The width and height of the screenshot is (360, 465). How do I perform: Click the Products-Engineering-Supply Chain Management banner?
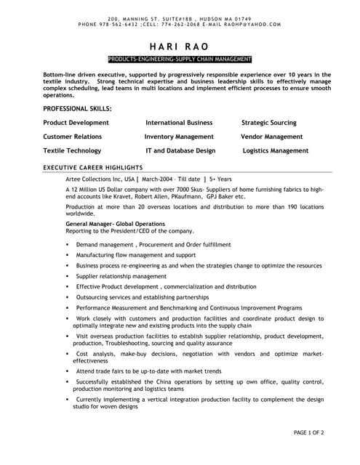click(x=180, y=58)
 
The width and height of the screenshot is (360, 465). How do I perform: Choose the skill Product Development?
click(x=76, y=123)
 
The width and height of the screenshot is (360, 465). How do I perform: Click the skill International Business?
click(x=179, y=123)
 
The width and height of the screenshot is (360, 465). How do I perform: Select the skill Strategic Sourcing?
click(x=269, y=123)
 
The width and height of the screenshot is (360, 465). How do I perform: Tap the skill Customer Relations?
click(x=73, y=137)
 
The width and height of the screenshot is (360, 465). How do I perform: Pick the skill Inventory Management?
click(x=179, y=137)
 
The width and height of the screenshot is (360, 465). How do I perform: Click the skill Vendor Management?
click(x=272, y=137)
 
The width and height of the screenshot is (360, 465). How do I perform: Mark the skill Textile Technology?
click(x=72, y=150)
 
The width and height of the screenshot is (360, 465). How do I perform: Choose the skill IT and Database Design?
click(x=180, y=150)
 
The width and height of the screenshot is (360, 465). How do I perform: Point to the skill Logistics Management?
click(x=276, y=150)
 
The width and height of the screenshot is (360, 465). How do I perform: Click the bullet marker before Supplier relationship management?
click(x=68, y=277)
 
